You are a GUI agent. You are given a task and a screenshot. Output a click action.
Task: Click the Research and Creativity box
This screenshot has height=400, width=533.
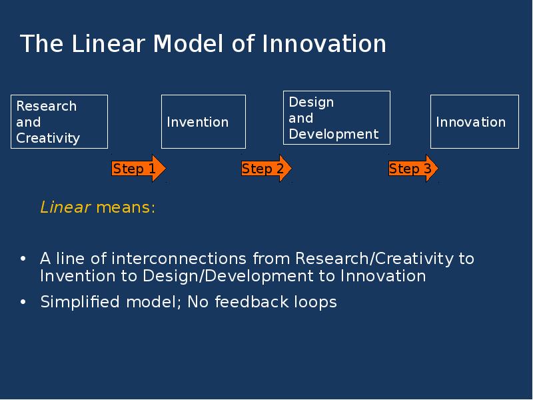pyautogui.click(x=59, y=121)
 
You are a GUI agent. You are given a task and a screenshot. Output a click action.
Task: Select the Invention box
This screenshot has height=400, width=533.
pyautogui.click(x=203, y=121)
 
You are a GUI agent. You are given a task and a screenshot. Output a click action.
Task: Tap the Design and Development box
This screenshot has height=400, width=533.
pyautogui.click(x=336, y=118)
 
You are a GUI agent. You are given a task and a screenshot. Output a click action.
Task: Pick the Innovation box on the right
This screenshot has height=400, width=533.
pyautogui.click(x=474, y=121)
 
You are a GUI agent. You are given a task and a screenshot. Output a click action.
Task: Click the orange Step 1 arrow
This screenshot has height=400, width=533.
pyautogui.click(x=138, y=169)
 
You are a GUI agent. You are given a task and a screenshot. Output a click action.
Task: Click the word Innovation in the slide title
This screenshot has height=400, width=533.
pyautogui.click(x=324, y=44)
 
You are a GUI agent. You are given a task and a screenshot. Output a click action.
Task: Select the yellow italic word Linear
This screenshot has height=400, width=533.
pyautogui.click(x=65, y=207)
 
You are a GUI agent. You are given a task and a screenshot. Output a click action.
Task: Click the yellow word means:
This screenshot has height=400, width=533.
pyautogui.click(x=125, y=207)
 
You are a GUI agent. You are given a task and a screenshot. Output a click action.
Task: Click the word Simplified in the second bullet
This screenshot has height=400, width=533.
pyautogui.click(x=79, y=302)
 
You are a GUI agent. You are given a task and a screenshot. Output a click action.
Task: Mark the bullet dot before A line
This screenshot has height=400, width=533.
pyautogui.click(x=23, y=259)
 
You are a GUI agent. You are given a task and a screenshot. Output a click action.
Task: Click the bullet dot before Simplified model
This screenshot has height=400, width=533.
pyautogui.click(x=23, y=303)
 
